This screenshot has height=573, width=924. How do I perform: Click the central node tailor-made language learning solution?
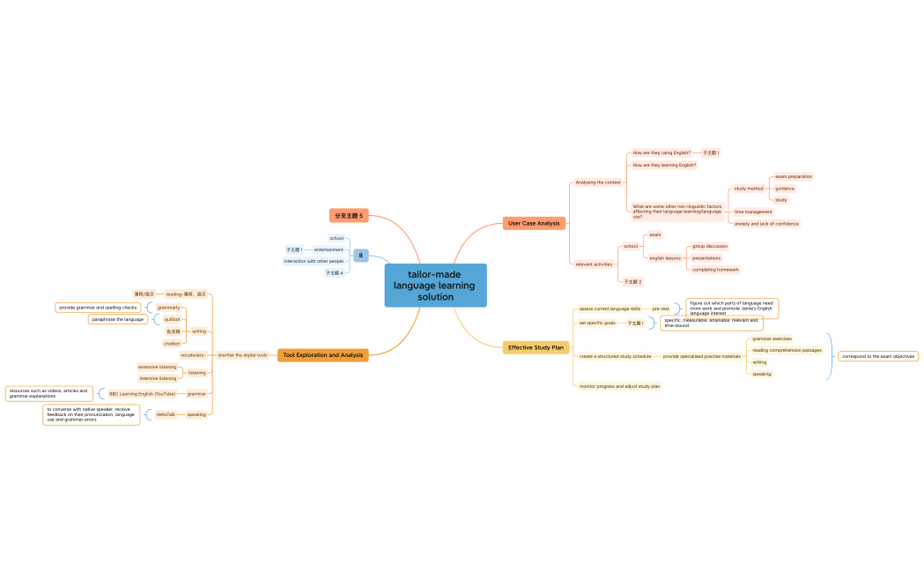(435, 286)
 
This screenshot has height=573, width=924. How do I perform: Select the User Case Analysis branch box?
(534, 223)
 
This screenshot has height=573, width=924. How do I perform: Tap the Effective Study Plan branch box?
(536, 347)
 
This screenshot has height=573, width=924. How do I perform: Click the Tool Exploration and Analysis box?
(323, 355)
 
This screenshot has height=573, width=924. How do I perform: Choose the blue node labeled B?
(360, 256)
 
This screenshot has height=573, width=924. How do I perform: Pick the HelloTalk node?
(166, 414)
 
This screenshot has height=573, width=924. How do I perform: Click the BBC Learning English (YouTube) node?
(142, 394)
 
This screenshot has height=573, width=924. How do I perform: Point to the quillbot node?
(172, 319)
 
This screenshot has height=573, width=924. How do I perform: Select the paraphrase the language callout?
(118, 319)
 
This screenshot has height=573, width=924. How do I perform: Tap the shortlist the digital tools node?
(242, 355)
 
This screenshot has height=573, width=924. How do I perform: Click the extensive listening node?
(157, 367)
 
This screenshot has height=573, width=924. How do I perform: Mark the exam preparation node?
(793, 176)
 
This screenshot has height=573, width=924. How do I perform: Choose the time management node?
(753, 212)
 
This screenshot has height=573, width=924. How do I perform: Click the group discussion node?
(710, 247)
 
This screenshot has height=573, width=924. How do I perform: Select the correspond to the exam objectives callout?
(877, 356)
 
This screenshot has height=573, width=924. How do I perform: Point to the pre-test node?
(661, 309)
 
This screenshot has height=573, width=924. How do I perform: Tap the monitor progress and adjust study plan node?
(619, 386)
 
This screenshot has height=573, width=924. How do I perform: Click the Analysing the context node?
(598, 182)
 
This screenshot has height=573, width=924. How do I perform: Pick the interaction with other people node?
(314, 261)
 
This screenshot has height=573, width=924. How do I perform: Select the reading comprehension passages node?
(787, 350)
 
